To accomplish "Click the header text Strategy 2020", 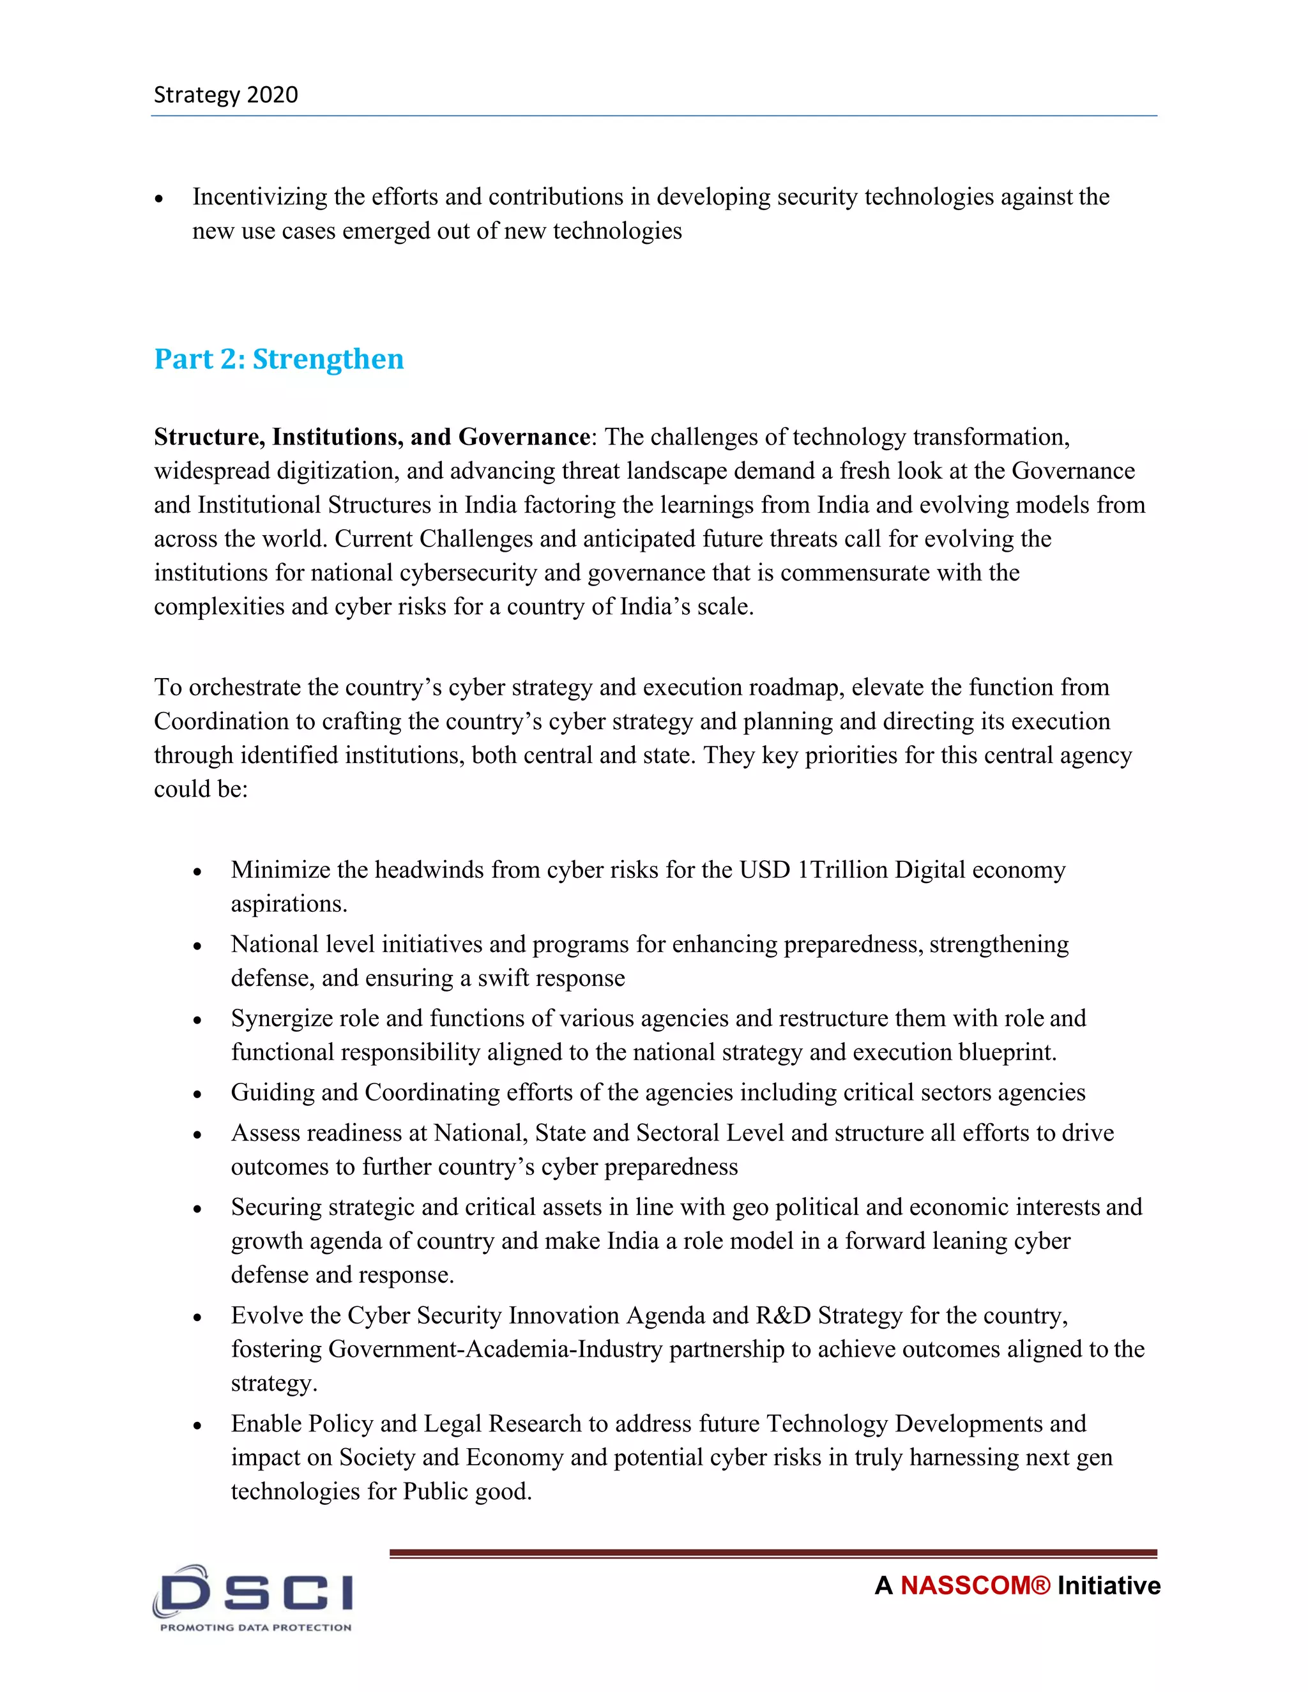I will (x=225, y=94).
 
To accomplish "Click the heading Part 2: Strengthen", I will (x=279, y=359).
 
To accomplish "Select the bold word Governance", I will (x=524, y=437).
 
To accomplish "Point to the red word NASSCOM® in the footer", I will (x=975, y=1585).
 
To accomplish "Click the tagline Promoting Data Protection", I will (x=255, y=1627).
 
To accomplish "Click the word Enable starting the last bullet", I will (x=266, y=1424).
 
